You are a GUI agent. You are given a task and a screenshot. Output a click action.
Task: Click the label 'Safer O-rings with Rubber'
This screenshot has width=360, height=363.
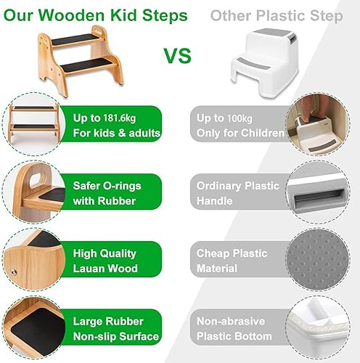(107, 193)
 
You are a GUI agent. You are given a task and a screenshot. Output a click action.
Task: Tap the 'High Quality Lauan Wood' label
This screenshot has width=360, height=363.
(105, 261)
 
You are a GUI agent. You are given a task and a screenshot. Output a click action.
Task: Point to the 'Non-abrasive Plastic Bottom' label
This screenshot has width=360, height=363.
(234, 329)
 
